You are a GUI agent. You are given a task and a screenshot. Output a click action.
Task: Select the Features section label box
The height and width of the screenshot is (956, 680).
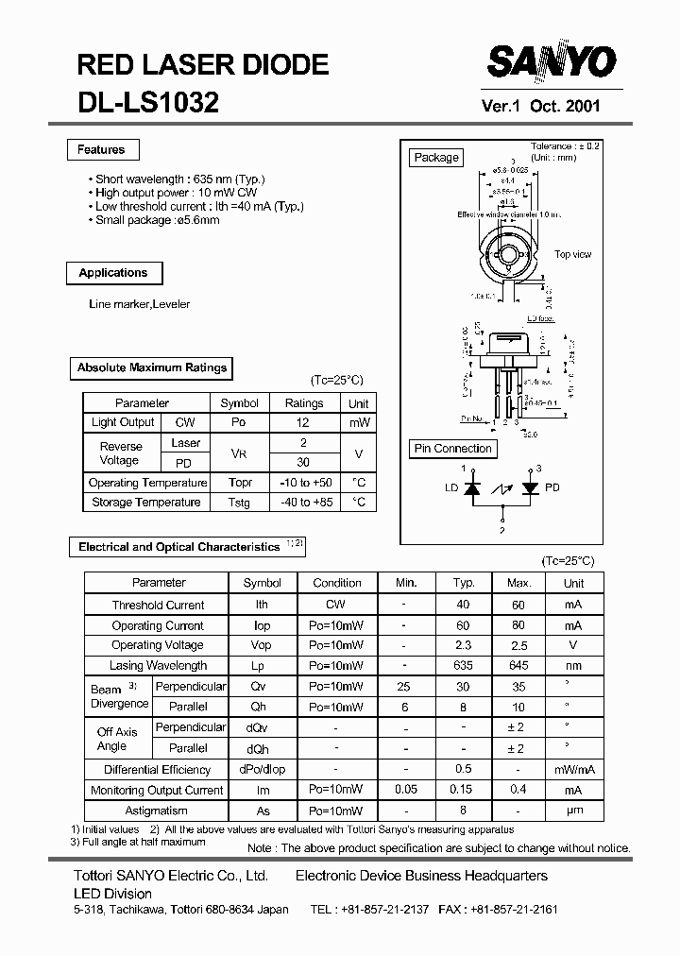point(101,149)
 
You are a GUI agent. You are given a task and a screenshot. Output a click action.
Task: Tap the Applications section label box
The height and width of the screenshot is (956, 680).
point(113,273)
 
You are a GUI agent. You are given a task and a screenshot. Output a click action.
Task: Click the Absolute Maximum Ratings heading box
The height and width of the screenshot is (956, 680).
point(152,367)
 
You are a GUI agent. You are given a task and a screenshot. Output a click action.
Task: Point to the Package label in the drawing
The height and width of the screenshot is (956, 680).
point(436,158)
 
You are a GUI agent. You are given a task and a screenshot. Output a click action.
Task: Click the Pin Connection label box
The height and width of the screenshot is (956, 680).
point(453,449)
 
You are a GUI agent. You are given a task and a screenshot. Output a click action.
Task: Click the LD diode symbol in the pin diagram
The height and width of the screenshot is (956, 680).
point(472,487)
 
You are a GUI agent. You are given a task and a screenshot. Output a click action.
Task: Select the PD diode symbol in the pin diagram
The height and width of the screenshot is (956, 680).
point(531,487)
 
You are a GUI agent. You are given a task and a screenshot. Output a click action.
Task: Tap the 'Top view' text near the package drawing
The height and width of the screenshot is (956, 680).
point(572,254)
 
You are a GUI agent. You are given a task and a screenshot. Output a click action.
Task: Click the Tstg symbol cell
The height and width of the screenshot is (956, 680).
point(239,503)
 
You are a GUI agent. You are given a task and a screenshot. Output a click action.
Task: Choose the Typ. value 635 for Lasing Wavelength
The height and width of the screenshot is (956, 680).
point(463,665)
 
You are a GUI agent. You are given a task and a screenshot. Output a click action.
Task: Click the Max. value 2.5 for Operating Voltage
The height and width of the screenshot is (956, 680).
point(518,645)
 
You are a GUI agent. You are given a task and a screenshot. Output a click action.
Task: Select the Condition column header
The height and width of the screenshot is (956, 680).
point(337,583)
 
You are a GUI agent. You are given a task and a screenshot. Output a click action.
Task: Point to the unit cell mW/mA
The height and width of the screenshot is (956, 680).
point(573,769)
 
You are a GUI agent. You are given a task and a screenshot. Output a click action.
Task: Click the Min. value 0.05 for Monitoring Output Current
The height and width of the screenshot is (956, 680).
point(405,790)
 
